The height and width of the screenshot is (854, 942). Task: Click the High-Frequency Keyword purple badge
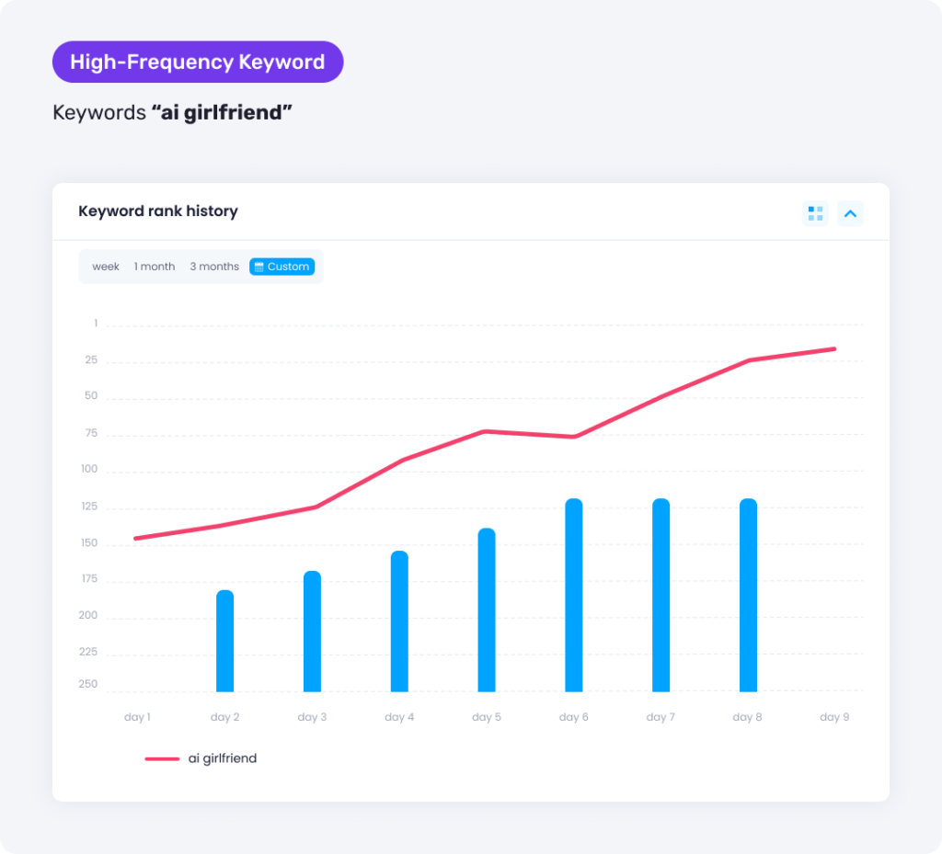197,63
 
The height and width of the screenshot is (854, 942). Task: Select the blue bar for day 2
224,641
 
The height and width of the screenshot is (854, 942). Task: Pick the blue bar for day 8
748,595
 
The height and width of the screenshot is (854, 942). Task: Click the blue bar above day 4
399,621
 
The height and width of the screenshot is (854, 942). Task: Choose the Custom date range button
281,267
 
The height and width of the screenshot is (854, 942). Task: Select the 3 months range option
214,267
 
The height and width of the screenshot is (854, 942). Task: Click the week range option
106,267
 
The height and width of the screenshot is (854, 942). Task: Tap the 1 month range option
155,267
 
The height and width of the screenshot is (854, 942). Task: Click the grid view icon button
815,213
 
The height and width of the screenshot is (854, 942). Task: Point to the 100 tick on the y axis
88,470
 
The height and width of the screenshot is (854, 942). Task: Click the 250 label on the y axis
88,684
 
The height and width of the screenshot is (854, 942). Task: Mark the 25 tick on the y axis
91,360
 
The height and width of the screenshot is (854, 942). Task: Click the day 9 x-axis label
834,717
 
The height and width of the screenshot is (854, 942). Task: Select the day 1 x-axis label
137,717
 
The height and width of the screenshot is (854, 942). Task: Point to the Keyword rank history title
158,211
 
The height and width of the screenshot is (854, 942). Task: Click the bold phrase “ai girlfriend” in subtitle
222,113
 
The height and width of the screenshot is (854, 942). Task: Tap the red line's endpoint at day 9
834,348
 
